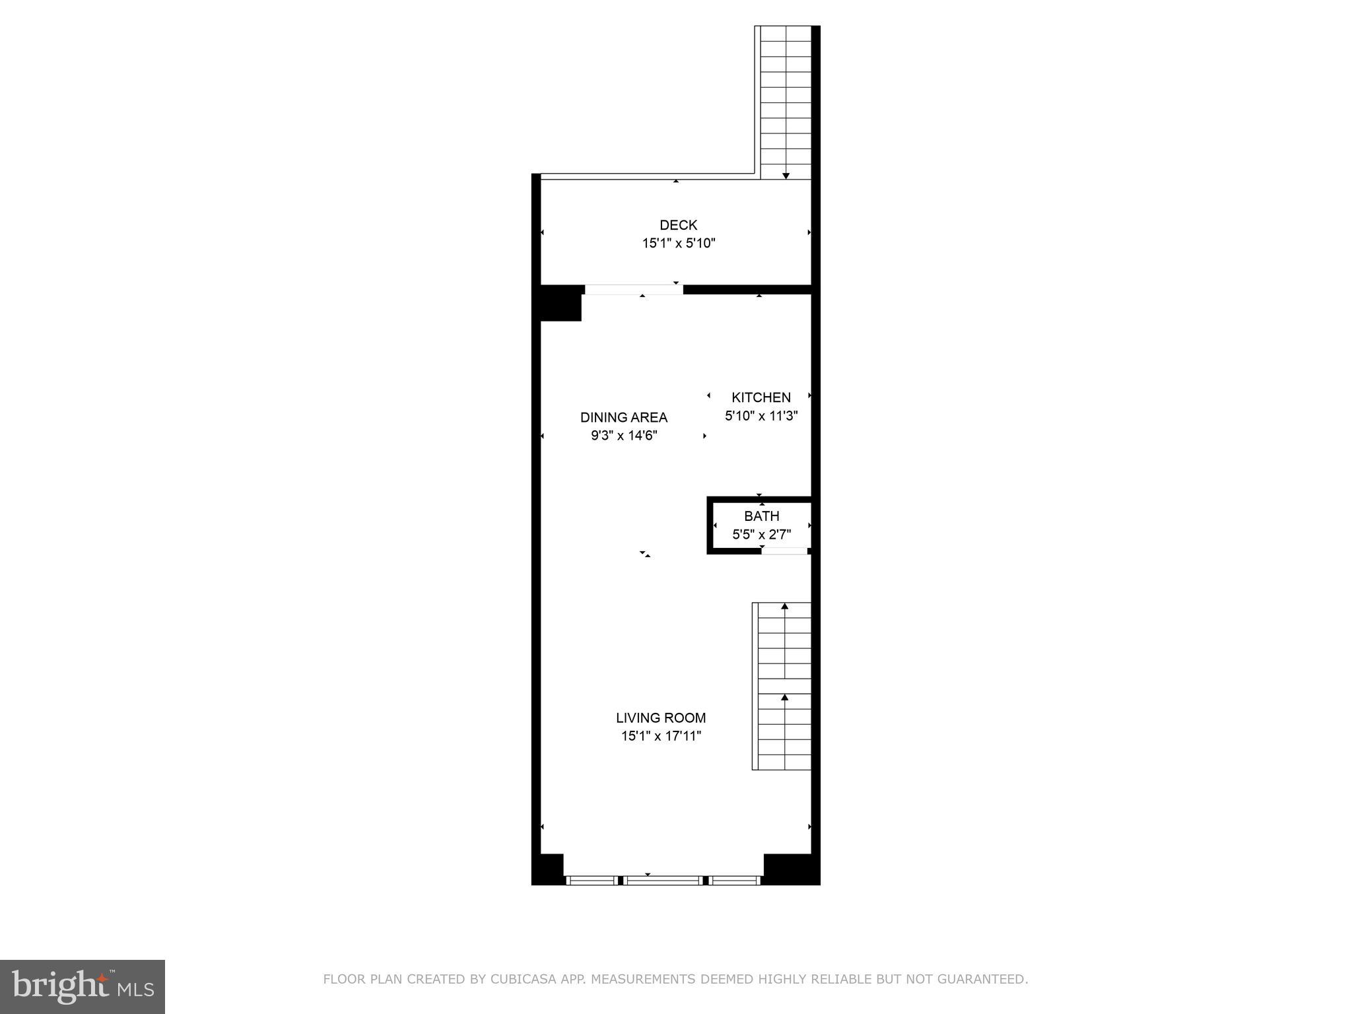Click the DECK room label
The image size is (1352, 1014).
point(678,225)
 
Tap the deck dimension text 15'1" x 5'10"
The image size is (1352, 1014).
point(679,244)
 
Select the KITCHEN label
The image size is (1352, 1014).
point(760,397)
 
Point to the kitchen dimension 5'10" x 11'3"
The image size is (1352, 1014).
point(761,416)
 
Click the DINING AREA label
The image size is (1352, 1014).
point(624,417)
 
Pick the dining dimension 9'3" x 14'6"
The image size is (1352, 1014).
point(624,436)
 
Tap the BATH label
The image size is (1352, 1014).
point(761,516)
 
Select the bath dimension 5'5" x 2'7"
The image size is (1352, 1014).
point(761,535)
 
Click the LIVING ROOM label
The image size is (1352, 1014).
point(661,718)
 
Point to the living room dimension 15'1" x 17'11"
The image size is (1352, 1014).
point(661,736)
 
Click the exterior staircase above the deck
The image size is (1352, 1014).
point(786,99)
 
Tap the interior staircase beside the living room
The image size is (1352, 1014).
point(784,687)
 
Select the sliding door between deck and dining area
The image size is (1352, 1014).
point(634,290)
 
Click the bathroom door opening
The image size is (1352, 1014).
point(784,551)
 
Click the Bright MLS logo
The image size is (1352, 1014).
point(83,986)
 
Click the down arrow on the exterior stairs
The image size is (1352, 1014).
point(786,176)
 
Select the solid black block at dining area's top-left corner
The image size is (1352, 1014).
point(560,304)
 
